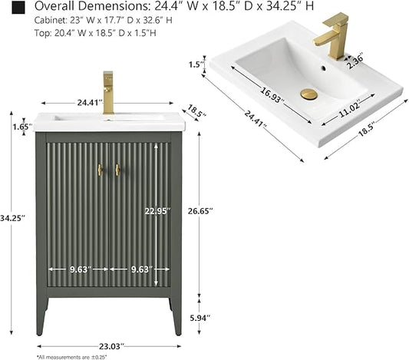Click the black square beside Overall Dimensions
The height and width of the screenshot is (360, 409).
pyautogui.click(x=18, y=8)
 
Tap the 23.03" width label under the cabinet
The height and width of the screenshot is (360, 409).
pyautogui.click(x=110, y=346)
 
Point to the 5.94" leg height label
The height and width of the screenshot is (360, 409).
pyautogui.click(x=200, y=318)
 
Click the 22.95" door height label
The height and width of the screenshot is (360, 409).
pyautogui.click(x=157, y=211)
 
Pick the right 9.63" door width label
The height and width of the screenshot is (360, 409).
pyautogui.click(x=142, y=269)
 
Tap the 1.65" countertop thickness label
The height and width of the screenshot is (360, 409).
pyautogui.click(x=23, y=127)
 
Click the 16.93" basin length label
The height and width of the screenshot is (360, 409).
pyautogui.click(x=272, y=95)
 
